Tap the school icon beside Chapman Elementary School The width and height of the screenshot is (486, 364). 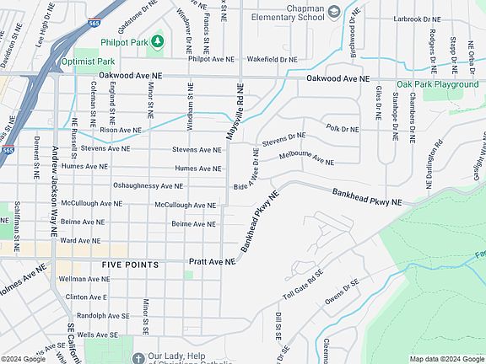[334, 11]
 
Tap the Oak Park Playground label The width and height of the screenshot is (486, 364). [437, 84]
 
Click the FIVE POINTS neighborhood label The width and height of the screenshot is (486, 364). [130, 265]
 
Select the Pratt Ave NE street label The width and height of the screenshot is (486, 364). [212, 262]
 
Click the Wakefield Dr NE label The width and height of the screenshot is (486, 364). [272, 60]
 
